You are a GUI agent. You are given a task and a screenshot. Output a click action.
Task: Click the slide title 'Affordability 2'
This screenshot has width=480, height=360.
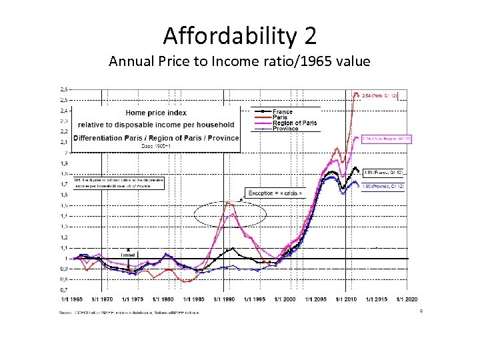(x=239, y=34)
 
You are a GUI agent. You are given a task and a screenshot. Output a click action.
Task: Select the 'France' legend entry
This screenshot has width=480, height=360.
(x=282, y=112)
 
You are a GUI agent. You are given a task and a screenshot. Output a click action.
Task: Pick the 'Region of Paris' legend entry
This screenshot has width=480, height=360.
(x=294, y=123)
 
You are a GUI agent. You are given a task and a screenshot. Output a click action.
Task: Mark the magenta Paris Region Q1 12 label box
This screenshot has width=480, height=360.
(x=387, y=139)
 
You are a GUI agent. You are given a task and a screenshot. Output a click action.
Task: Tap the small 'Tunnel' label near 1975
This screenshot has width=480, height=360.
(x=128, y=255)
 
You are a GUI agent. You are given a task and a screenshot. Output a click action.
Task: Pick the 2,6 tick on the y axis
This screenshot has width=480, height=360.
(x=63, y=89)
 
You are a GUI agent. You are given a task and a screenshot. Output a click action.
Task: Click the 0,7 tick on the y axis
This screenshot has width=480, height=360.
(x=63, y=290)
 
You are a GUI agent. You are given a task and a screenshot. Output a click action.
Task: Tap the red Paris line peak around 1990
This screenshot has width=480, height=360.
(x=229, y=201)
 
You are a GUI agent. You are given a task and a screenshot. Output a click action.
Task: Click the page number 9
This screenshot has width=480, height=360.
(x=421, y=311)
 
